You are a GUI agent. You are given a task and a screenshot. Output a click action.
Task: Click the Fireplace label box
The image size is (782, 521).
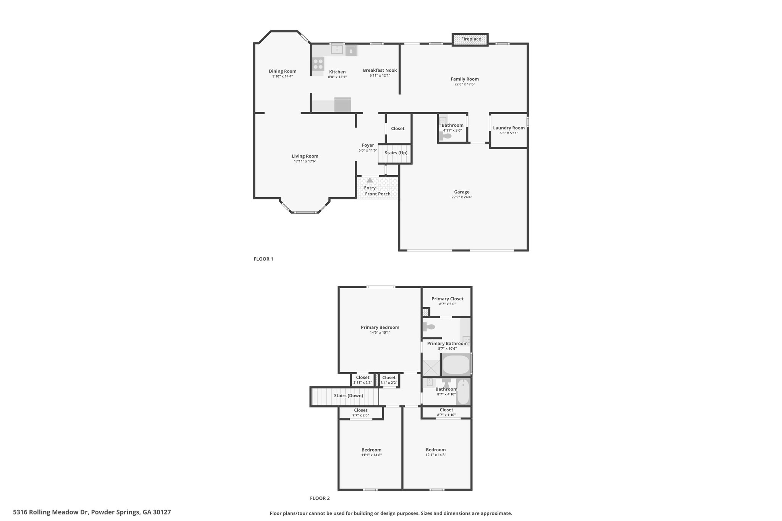[x=470, y=39]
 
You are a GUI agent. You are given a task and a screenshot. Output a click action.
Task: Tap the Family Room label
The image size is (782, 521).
[x=465, y=79]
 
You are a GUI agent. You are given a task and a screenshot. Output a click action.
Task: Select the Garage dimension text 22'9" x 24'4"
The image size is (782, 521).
[x=462, y=197]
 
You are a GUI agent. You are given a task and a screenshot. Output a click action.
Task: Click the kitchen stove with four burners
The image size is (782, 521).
[x=318, y=64]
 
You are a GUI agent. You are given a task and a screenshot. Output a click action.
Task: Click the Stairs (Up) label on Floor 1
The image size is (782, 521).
[x=396, y=153]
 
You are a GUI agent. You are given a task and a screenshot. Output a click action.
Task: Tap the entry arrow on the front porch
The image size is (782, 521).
[x=370, y=180]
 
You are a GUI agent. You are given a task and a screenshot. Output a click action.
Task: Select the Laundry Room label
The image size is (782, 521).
[x=509, y=128]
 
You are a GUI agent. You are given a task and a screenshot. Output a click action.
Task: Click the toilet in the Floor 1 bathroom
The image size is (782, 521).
[x=446, y=136]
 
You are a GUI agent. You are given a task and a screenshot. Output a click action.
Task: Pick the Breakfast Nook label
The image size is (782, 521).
[x=380, y=70]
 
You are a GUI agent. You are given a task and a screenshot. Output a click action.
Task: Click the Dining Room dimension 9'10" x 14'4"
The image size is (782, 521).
[x=283, y=76]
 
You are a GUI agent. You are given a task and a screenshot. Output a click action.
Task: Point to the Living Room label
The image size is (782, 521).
[x=305, y=156]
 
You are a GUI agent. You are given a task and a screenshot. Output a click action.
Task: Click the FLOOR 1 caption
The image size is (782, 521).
[x=263, y=259]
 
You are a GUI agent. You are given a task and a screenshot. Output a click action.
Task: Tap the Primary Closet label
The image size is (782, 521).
[x=448, y=299]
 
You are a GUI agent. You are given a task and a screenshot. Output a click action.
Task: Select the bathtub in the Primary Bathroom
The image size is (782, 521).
[x=456, y=365]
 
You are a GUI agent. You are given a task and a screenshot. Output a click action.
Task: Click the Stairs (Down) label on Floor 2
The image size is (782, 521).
[x=349, y=396]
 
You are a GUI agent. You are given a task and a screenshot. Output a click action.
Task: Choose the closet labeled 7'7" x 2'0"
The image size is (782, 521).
[x=361, y=413]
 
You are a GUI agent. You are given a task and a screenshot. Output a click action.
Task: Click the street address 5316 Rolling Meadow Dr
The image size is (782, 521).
[x=51, y=512]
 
